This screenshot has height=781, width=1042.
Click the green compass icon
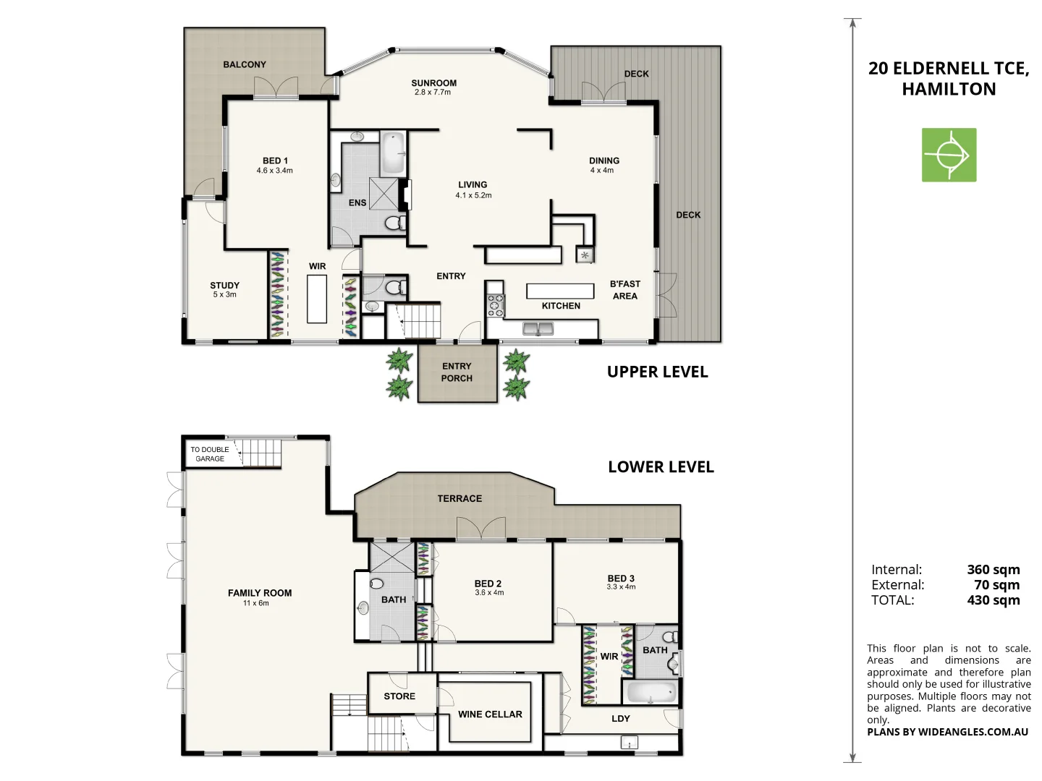tap(949, 155)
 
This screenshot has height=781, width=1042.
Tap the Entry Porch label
tap(457, 372)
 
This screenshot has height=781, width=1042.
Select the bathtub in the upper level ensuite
tap(392, 153)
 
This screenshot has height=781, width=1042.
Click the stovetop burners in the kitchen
tap(495, 305)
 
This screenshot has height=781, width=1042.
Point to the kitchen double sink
tap(538, 330)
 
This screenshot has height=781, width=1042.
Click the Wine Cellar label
tap(490, 714)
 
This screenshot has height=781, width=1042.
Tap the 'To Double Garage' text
tap(210, 454)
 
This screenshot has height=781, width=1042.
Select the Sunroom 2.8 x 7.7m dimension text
tap(433, 93)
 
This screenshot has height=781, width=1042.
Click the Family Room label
tap(260, 593)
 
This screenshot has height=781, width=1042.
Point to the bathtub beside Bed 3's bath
tap(651, 693)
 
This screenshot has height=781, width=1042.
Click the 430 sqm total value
tap(993, 600)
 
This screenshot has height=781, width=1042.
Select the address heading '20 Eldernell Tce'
tap(948, 69)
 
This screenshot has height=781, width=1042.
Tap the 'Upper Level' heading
tap(657, 372)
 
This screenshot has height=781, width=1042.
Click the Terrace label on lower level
tap(459, 498)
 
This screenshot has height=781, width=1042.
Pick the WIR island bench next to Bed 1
tap(317, 299)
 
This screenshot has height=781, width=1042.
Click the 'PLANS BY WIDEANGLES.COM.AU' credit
tap(947, 732)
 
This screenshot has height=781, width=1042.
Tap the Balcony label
tap(245, 64)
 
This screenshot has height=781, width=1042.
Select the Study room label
tap(224, 286)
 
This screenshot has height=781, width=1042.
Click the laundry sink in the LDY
tap(629, 743)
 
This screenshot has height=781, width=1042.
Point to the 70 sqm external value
tap(996, 585)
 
